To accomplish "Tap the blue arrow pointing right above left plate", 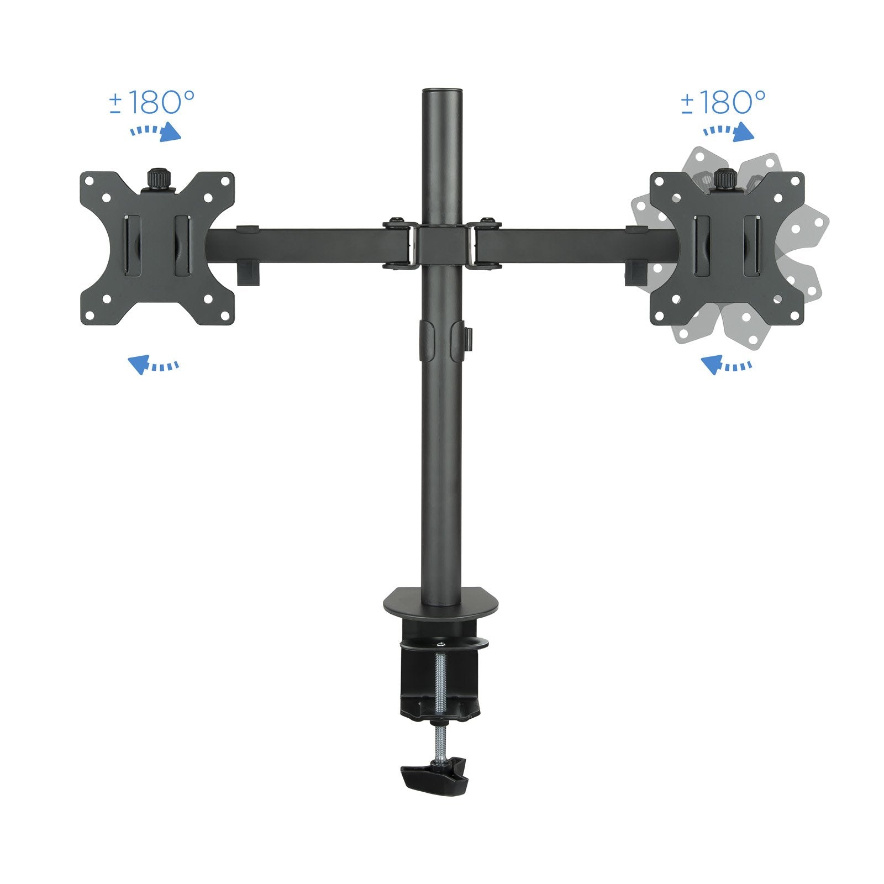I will coord(156,133).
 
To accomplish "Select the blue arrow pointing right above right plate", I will coord(729,133).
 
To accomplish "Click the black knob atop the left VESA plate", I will coord(157,179).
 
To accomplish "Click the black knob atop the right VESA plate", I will coord(723,179).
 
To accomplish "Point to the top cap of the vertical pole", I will coord(441,92).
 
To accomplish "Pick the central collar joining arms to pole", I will coord(441,245).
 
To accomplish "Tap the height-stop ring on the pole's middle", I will coord(441,340).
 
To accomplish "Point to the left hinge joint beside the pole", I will coord(399,243).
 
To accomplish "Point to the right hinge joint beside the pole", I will coord(484,243).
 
